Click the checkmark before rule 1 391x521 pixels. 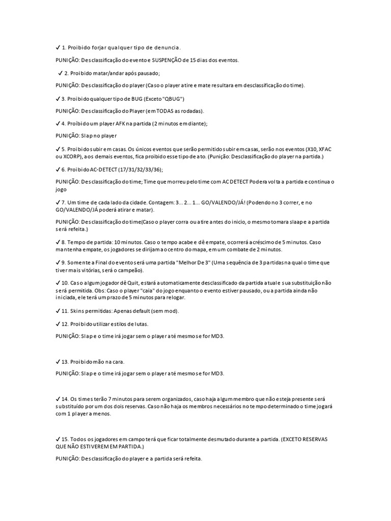pos(58,47)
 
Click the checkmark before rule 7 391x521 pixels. pos(58,202)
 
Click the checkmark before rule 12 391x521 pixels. pos(58,324)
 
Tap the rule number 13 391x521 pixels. pos(65,361)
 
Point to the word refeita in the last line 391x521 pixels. pos(191,458)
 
